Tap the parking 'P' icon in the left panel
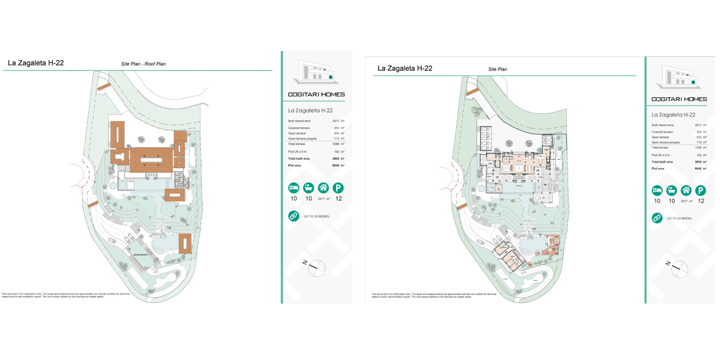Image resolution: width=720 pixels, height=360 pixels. (338, 188)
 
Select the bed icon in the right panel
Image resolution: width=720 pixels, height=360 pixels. (657, 191)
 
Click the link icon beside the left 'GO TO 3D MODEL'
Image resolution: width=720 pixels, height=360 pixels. (293, 216)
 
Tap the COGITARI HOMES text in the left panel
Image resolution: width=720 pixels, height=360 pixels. (316, 94)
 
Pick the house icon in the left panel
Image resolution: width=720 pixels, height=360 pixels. (323, 188)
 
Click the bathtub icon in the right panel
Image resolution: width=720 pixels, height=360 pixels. (672, 191)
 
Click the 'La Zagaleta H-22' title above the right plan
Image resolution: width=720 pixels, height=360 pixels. (404, 68)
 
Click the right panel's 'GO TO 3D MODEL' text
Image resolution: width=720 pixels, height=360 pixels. (679, 218)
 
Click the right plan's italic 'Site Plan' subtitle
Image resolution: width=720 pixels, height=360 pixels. (497, 70)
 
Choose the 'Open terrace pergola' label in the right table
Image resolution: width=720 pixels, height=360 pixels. (665, 142)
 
